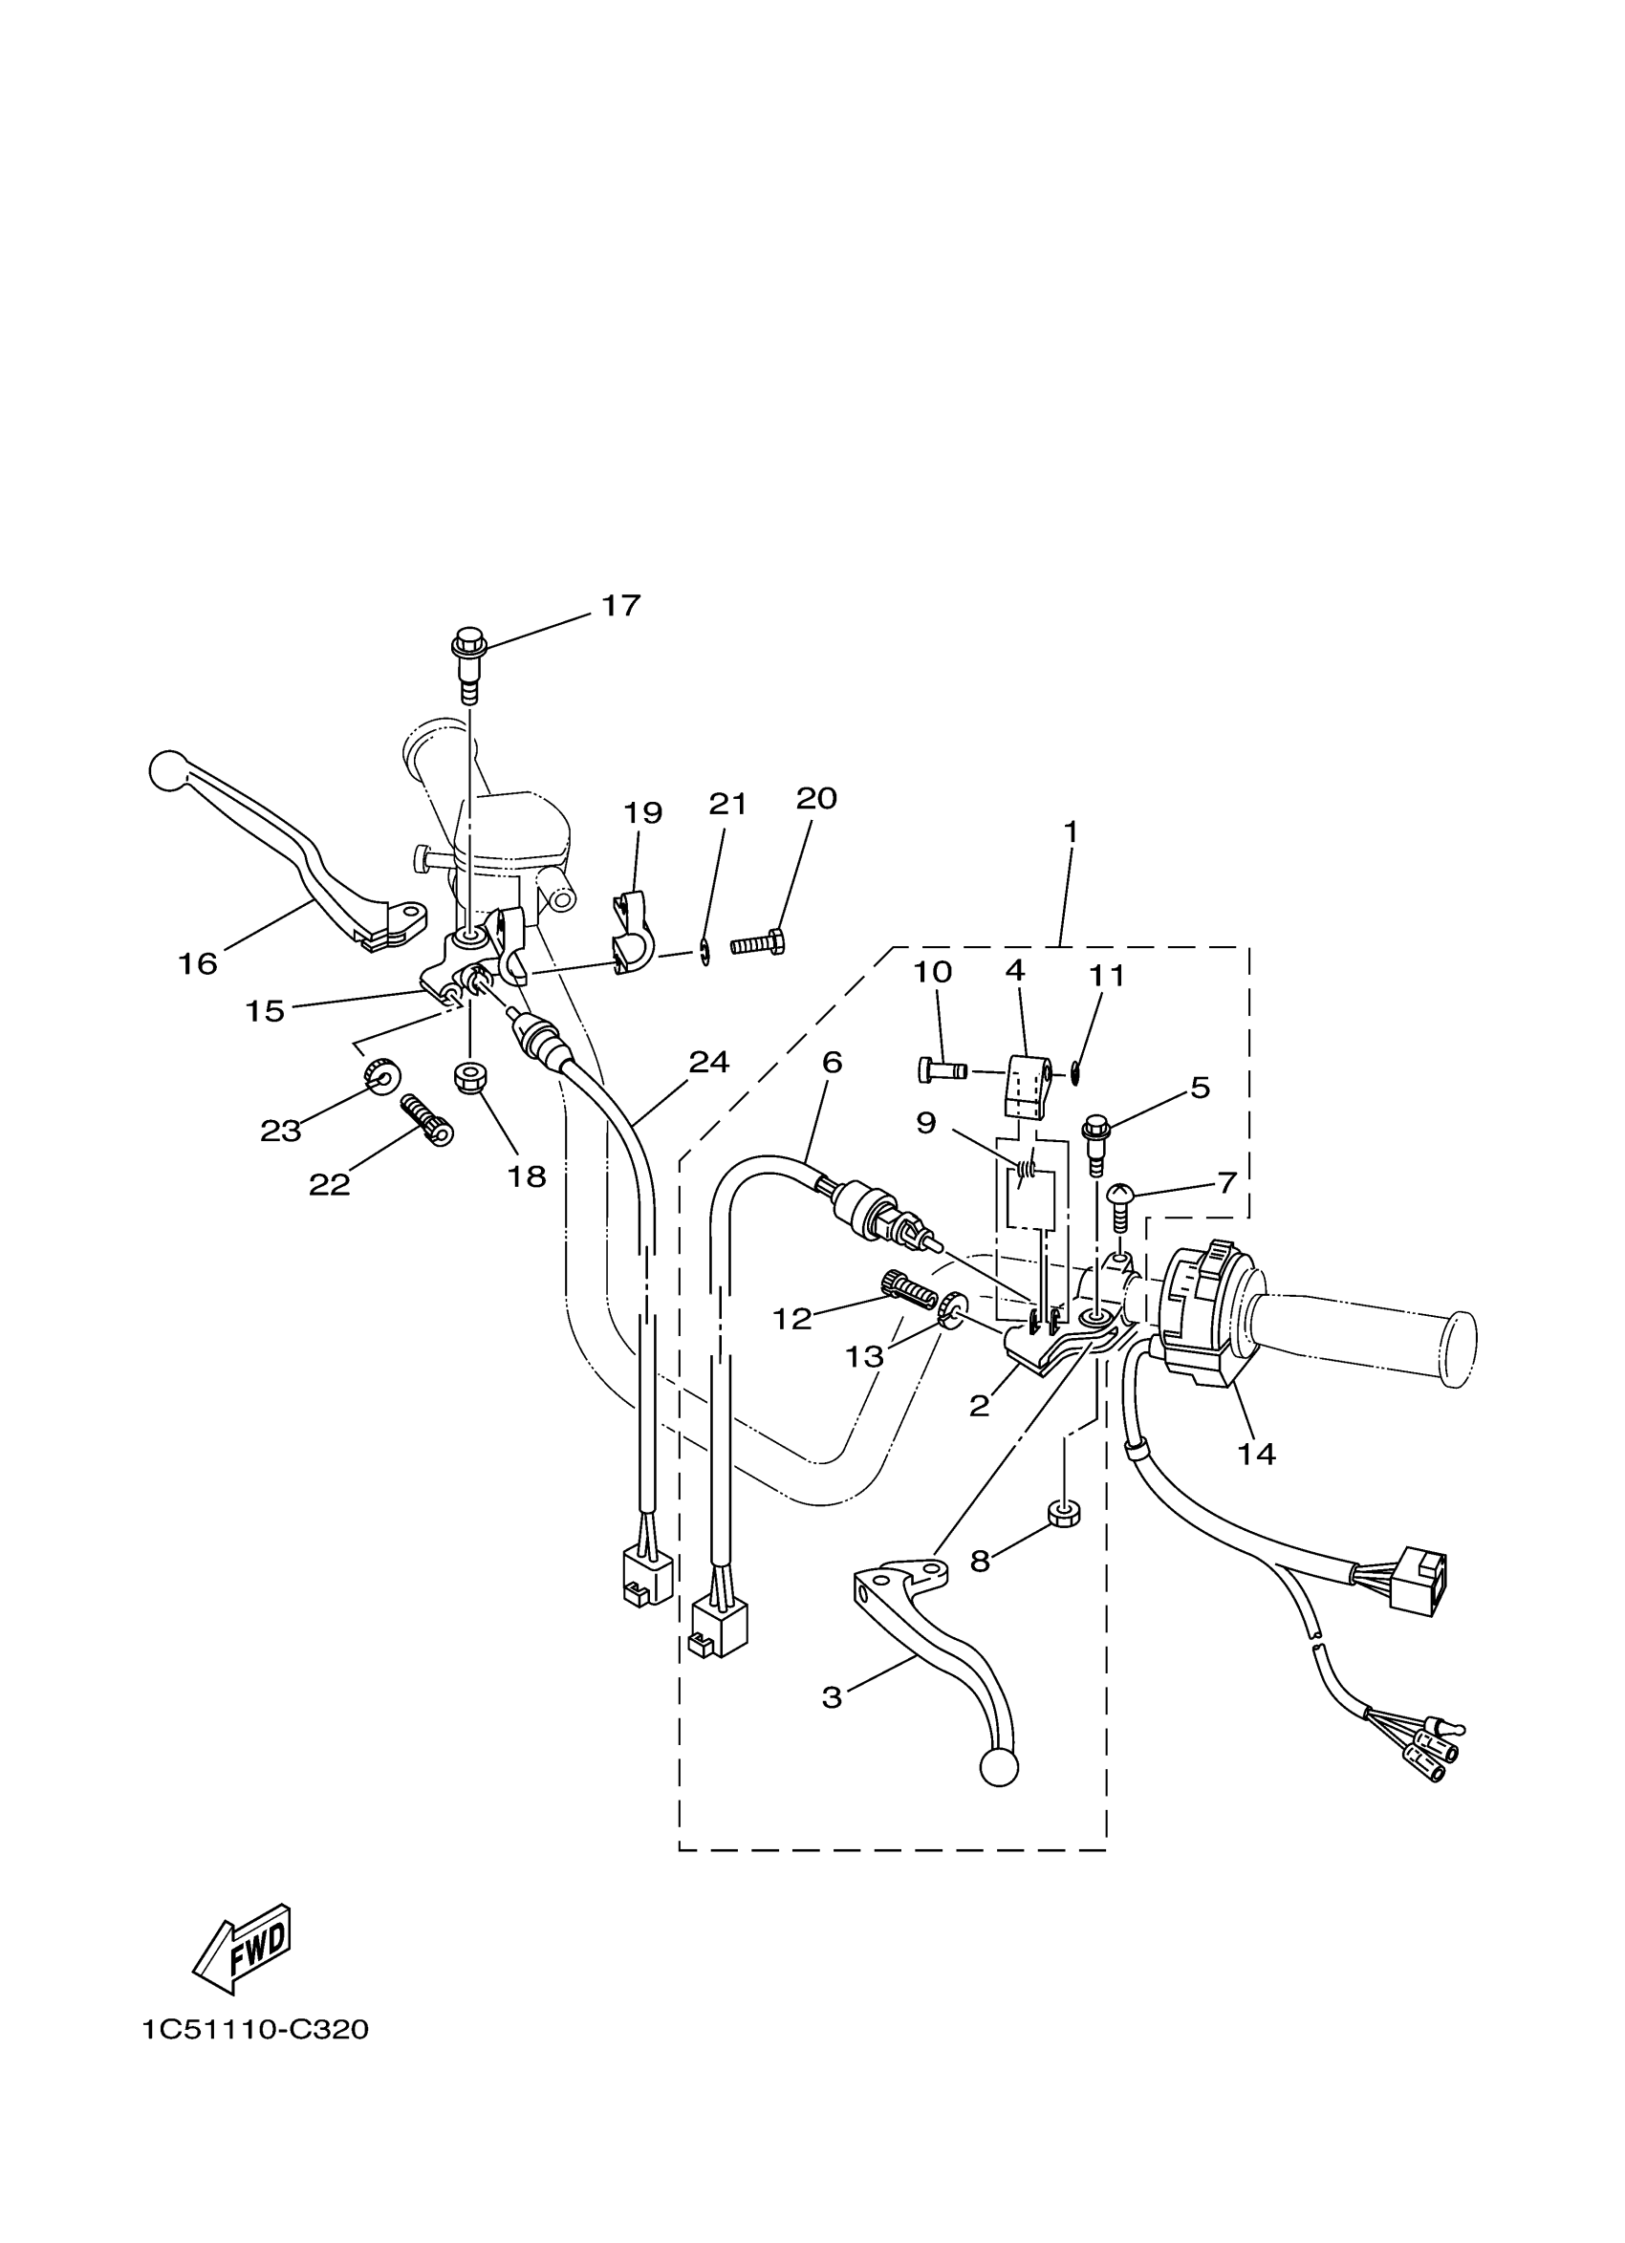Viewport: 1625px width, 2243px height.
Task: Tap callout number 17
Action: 621,605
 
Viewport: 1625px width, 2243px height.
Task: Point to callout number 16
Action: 197,963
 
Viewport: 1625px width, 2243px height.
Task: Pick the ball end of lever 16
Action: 167,770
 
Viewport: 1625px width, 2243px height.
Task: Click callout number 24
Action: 708,1062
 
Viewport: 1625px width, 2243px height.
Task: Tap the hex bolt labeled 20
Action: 759,943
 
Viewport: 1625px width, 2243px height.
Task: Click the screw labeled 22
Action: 426,1118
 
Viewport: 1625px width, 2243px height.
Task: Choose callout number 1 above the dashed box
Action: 1070,831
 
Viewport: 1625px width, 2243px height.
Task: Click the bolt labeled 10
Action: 941,1070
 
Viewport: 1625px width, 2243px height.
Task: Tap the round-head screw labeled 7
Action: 1119,1204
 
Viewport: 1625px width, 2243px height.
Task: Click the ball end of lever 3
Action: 998,1767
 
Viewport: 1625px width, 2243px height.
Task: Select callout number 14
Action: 1256,1453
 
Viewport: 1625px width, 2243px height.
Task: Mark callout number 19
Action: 642,813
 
